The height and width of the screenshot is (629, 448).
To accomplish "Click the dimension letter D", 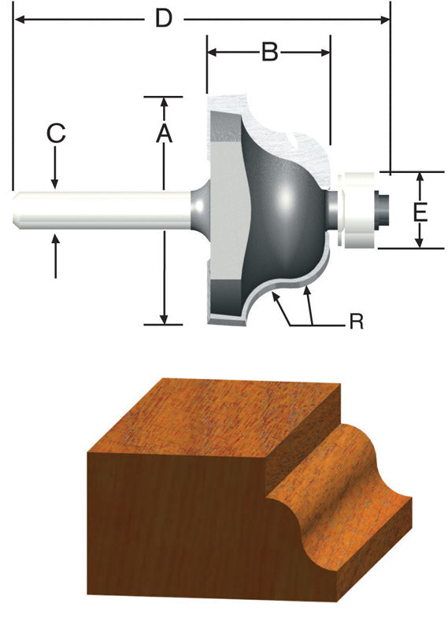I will pos(163,17).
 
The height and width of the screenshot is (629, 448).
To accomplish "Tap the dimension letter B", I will pos(269,53).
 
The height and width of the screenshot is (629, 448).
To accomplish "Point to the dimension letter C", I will pos(55,134).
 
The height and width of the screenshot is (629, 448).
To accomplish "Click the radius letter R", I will pos(356,322).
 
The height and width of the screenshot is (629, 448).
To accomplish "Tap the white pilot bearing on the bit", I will pos(358,211).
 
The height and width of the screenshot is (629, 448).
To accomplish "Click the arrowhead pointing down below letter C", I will pos(55,184).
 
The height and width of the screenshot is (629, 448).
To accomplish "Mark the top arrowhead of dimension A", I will pos(164,101).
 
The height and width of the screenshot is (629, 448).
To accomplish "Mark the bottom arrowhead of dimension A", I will pos(164,318).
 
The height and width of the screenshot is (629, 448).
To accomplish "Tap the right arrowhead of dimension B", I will pos(325,53).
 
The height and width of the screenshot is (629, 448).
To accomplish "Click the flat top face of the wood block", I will pos(213,417).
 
